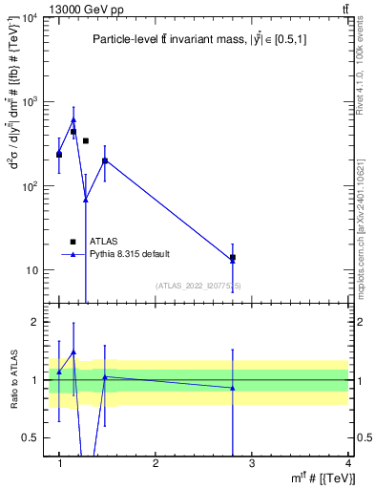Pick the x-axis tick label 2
[156, 463]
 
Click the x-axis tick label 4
[348, 463]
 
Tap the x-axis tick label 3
[252, 463]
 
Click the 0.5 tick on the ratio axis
[31, 437]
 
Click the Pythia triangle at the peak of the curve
[73, 120]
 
